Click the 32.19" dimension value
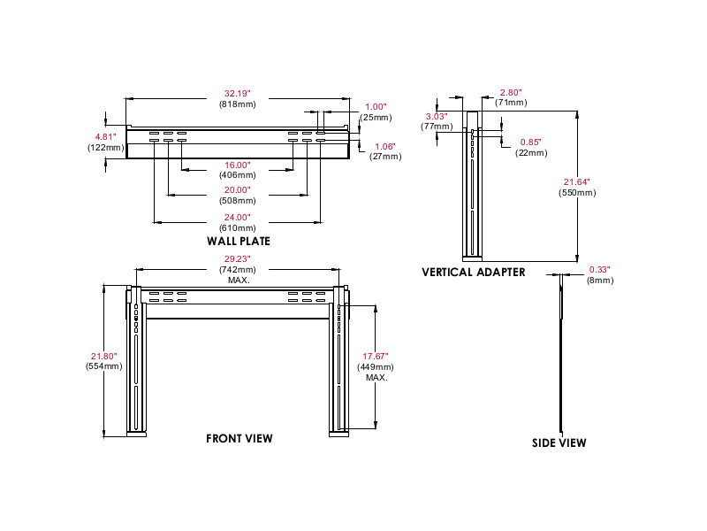click(x=238, y=92)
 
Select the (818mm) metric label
click(x=238, y=104)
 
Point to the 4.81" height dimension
click(x=106, y=136)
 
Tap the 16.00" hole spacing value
click(x=238, y=165)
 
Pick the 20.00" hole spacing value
click(x=238, y=190)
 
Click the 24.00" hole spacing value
click(x=238, y=217)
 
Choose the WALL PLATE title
click(x=239, y=241)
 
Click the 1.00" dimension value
click(x=376, y=106)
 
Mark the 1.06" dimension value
click(x=384, y=146)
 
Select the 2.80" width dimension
click(x=512, y=92)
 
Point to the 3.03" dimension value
click(x=436, y=116)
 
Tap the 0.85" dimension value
click(x=530, y=142)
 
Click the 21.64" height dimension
click(x=576, y=181)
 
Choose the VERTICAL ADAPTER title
click(x=474, y=272)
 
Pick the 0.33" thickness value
click(x=600, y=269)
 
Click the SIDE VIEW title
click(x=559, y=442)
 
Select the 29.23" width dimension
click(x=237, y=258)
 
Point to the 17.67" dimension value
click(x=375, y=355)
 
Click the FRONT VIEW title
click(x=239, y=438)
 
